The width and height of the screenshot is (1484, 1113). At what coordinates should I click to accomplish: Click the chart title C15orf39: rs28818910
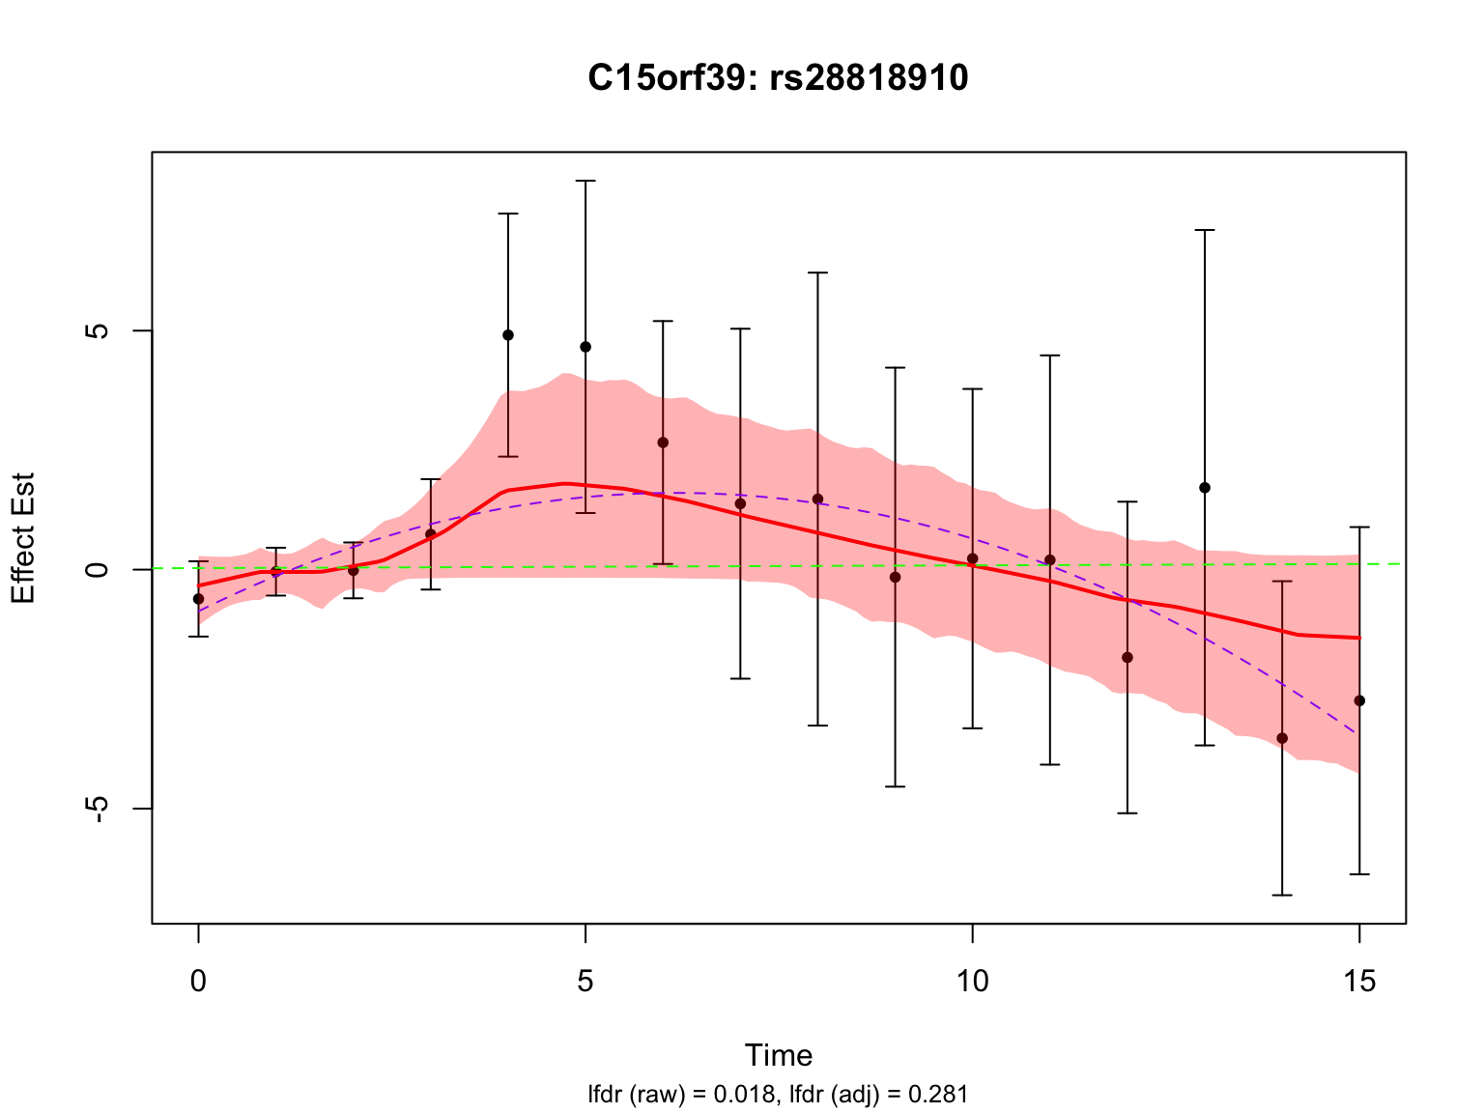tap(778, 78)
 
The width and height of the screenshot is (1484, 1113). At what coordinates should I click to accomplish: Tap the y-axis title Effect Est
tap(23, 538)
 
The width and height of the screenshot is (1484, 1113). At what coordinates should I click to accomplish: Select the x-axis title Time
tap(778, 1055)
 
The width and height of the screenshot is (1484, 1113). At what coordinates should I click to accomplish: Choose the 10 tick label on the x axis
tap(972, 982)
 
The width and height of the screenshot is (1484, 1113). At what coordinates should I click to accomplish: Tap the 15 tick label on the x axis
tap(1359, 982)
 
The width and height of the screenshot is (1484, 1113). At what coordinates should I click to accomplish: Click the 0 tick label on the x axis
tap(198, 982)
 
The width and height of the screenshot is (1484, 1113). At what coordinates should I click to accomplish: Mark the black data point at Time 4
tap(508, 335)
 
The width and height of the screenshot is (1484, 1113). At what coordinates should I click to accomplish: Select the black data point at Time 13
tap(1205, 488)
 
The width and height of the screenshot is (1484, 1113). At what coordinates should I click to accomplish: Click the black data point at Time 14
tap(1282, 738)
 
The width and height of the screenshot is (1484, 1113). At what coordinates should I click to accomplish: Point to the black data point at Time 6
tap(663, 442)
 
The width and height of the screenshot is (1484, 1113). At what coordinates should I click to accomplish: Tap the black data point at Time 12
tap(1127, 657)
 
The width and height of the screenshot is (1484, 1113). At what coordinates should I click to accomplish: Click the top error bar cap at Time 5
tap(585, 181)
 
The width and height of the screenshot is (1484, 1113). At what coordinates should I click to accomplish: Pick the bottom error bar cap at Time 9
tap(895, 786)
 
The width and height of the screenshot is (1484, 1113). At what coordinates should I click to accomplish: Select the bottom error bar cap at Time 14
tap(1282, 895)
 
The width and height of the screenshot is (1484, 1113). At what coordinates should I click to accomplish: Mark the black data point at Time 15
tap(1359, 700)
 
